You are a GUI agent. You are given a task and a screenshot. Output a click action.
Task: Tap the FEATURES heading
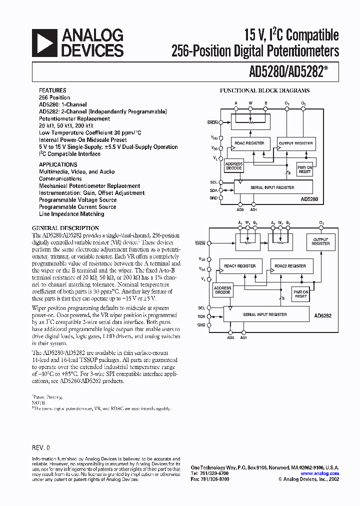(52, 90)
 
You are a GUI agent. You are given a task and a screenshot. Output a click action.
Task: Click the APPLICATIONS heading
(58, 164)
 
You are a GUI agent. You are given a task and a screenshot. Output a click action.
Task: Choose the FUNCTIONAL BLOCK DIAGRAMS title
(265, 90)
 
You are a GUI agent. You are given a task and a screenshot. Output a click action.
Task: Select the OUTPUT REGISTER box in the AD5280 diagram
(296, 143)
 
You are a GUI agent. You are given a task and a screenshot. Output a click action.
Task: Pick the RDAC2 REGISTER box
(292, 266)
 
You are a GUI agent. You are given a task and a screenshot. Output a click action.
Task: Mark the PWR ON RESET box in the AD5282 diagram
(301, 293)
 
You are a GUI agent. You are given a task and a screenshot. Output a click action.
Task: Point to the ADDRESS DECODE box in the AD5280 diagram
(234, 166)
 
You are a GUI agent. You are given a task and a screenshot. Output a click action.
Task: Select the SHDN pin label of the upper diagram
(213, 122)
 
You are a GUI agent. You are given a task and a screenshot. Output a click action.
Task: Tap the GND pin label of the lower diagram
(201, 325)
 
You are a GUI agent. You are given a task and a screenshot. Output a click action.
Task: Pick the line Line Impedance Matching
(71, 214)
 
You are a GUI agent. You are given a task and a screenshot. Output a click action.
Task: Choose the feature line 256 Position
(54, 97)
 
